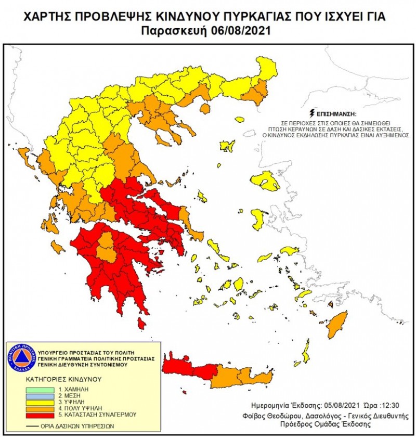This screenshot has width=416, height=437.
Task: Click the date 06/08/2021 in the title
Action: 241,31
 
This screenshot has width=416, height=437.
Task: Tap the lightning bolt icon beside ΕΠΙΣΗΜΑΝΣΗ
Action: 311,112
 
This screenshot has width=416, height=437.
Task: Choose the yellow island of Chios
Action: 258,219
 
